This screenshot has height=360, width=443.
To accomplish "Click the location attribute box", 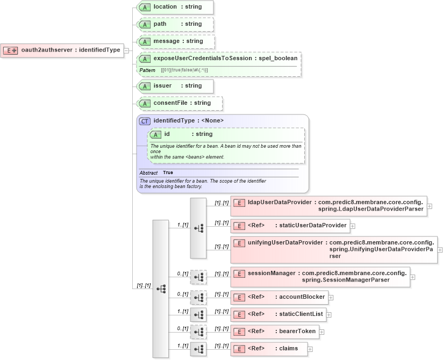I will tap(175, 7).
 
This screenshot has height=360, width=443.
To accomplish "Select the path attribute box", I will tap(175, 24).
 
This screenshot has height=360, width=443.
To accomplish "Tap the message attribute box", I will tap(176, 41).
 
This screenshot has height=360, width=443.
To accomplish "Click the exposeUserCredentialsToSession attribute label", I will tap(203, 59).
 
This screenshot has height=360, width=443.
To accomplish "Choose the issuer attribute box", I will tap(175, 86).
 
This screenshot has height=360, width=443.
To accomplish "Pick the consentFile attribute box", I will tap(180, 103).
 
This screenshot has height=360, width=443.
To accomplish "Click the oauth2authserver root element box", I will tap(62, 51).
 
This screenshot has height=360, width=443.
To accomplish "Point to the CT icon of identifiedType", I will tap(145, 121).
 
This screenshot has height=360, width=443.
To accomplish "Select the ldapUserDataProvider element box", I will tap(328, 206).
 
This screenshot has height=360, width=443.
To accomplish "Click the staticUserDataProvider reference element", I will tap(290, 225).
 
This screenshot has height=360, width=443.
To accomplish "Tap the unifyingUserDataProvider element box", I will tap(334, 249).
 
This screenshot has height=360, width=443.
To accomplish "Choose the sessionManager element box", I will tap(320, 277).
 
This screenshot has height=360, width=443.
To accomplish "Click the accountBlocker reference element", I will tap(279, 297).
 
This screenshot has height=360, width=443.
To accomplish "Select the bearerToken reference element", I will tap(274, 331).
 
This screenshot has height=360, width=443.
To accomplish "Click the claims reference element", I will tap(269, 349).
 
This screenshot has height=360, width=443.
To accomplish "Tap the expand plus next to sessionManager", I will tap(412, 277).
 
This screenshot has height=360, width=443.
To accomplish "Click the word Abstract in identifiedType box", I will tap(148, 173).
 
